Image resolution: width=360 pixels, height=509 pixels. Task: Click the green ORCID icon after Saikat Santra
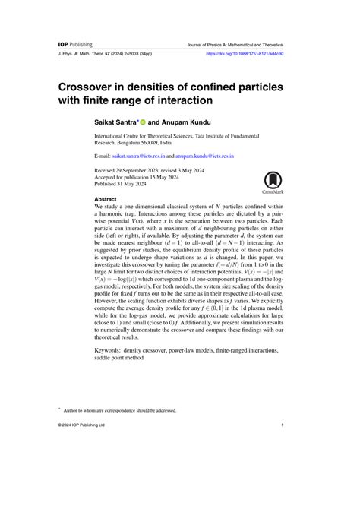point(141,120)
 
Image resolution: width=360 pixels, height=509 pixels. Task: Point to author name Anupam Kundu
point(191,120)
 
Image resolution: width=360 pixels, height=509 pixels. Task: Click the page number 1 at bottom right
point(282,425)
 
